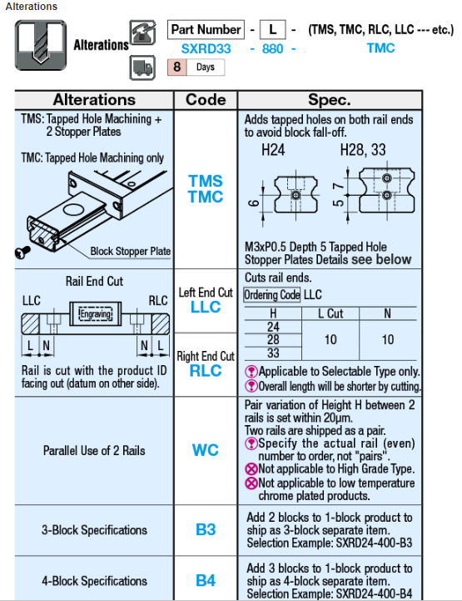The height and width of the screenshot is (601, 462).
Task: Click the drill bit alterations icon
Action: point(41,45)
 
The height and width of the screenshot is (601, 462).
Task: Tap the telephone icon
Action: point(142,33)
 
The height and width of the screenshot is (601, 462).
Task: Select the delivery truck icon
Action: point(142,68)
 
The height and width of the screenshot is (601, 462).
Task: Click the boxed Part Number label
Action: point(206,29)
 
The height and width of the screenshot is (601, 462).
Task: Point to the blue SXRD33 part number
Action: point(206,48)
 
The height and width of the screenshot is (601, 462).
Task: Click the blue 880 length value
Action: point(272,48)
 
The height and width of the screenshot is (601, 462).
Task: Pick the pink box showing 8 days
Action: point(176,67)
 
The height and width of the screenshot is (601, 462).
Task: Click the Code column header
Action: point(206,100)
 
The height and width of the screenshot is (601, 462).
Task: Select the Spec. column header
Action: point(330,100)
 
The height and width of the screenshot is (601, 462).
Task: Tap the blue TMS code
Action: point(206,181)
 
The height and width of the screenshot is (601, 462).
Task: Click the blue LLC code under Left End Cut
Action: point(206,307)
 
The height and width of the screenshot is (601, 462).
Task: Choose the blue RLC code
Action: point(206,371)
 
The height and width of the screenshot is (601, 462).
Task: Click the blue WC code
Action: point(206,450)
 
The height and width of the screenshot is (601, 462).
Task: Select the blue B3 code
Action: point(206,529)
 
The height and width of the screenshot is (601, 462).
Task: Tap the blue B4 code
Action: point(206,580)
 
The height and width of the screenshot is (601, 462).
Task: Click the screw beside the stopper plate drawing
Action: point(22,253)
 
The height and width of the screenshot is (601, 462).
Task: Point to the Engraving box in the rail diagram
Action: point(95,314)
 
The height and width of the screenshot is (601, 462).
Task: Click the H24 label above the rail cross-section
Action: point(273,149)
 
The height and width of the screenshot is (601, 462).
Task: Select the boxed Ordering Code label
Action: point(271,295)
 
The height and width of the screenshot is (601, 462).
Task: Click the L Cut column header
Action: point(330,313)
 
